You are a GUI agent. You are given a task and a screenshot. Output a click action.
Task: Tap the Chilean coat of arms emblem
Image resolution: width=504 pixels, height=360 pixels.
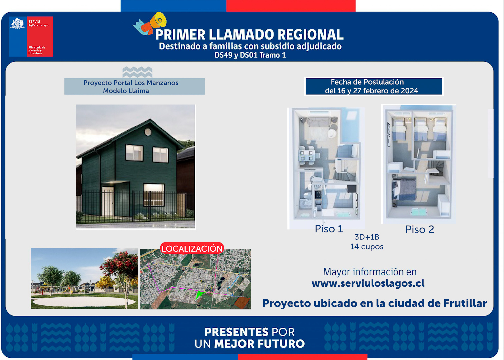tap(17, 24)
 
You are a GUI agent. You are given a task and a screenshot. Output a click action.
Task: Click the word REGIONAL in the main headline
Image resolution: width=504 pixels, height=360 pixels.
tap(310, 34)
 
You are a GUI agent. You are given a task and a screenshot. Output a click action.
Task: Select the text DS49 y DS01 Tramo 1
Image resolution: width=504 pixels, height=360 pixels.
tap(250, 55)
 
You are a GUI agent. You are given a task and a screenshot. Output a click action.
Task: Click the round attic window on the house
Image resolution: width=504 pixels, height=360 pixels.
tap(148, 132)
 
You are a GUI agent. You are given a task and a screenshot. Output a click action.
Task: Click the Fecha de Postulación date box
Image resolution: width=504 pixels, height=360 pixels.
tap(374, 86)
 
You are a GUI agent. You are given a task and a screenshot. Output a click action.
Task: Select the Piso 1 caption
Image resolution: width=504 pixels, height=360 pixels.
tap(329, 229)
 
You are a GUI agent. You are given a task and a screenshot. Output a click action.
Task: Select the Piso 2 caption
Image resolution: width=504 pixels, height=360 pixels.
tap(420, 229)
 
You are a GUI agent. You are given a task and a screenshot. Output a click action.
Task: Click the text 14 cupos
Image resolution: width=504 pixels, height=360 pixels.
tap(367, 247)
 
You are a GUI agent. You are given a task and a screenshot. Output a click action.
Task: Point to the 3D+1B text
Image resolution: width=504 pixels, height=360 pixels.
tap(367, 237)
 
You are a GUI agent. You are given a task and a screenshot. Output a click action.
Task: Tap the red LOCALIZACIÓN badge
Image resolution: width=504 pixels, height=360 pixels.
tap(192, 248)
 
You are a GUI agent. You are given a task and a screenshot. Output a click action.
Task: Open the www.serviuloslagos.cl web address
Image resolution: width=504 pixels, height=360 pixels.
tap(368, 283)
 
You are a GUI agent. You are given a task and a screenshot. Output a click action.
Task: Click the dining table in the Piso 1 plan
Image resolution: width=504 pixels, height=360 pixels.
tap(306, 155)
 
